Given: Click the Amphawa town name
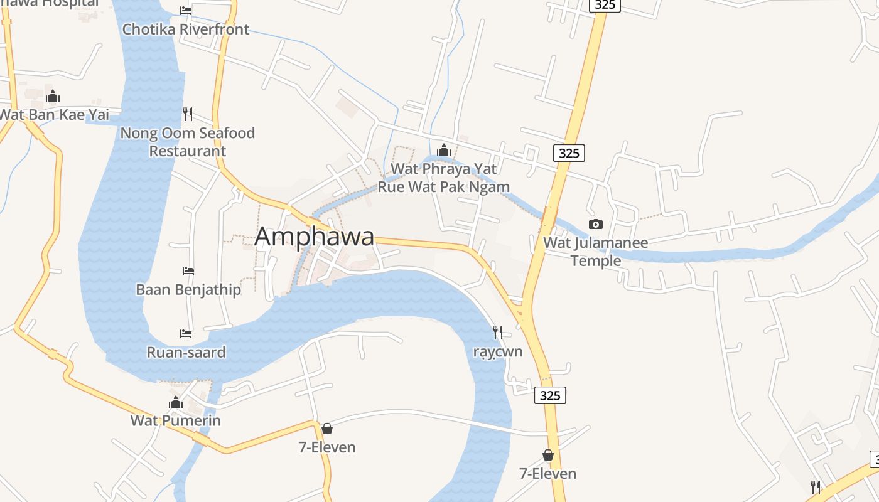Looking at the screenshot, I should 315,237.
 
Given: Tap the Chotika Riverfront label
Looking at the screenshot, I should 186,29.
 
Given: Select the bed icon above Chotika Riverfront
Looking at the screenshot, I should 186,10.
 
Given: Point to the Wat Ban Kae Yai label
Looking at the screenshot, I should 54,115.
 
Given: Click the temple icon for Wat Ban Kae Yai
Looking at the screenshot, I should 53,96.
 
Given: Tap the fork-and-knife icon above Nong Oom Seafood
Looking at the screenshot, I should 188,114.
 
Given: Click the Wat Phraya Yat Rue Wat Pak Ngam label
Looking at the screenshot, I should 444,178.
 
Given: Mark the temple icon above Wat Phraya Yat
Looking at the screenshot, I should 444,150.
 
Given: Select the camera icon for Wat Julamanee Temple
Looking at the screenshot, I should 595,224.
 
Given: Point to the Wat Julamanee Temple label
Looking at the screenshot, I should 595,251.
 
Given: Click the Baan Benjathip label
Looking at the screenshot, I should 188,289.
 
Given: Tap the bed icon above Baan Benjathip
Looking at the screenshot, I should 188,270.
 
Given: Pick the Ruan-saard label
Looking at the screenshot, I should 186,352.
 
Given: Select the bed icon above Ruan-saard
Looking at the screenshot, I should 186,333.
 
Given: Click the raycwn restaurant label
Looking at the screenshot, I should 497,351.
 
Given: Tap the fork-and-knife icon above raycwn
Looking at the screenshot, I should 497,332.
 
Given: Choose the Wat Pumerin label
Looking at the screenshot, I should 176,420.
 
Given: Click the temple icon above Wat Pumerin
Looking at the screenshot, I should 176,402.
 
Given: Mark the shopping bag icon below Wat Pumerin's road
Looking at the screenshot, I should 326,429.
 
